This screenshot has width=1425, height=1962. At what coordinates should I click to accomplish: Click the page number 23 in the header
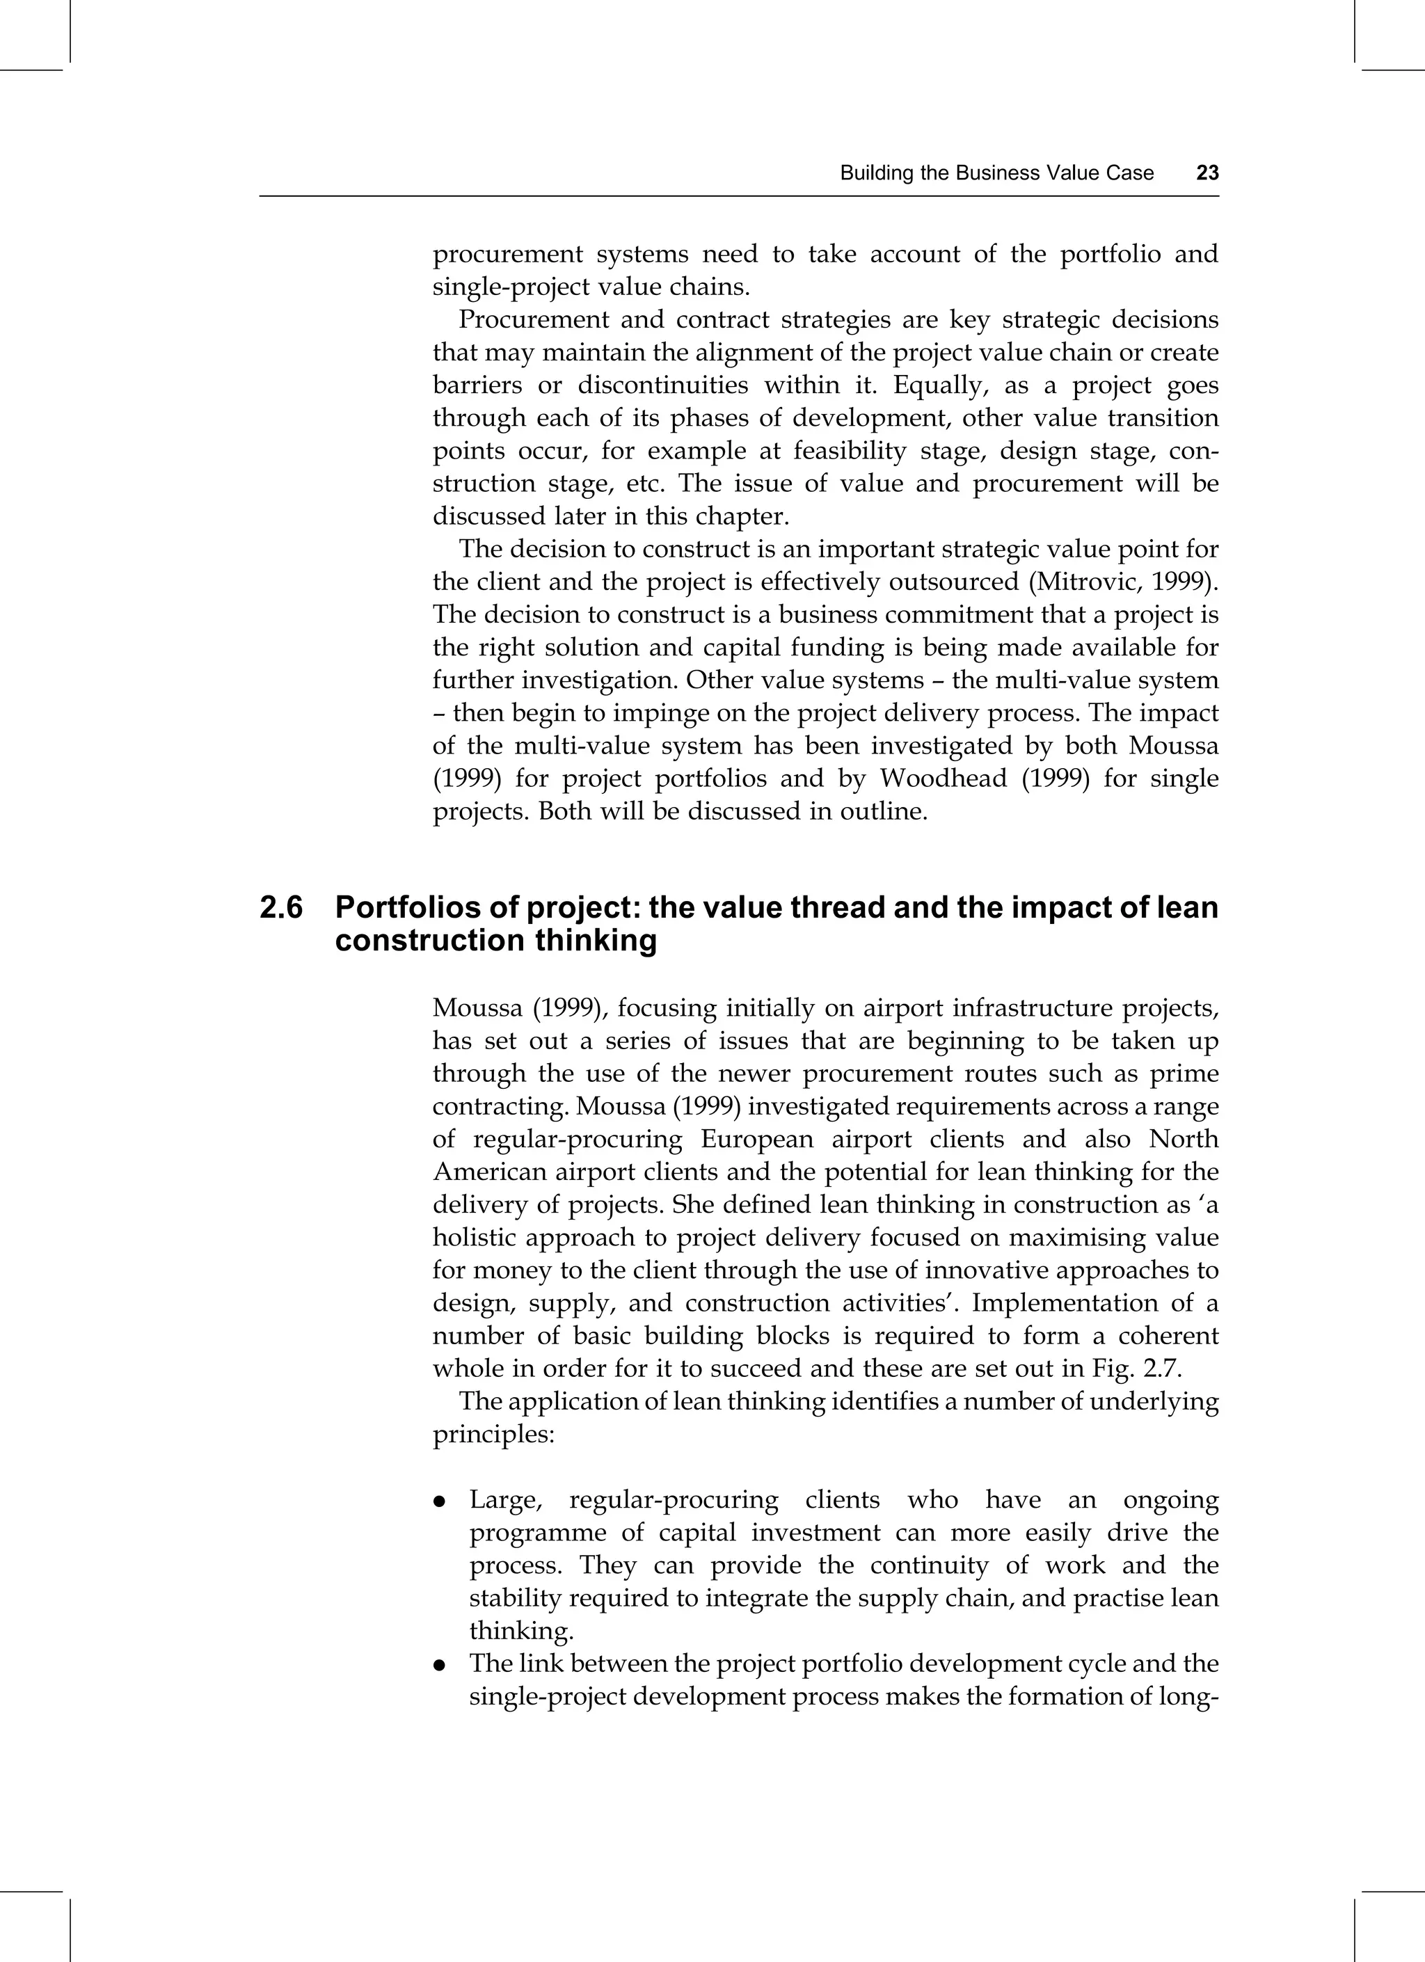(x=1207, y=173)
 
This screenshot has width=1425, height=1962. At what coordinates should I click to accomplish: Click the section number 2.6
(x=281, y=907)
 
